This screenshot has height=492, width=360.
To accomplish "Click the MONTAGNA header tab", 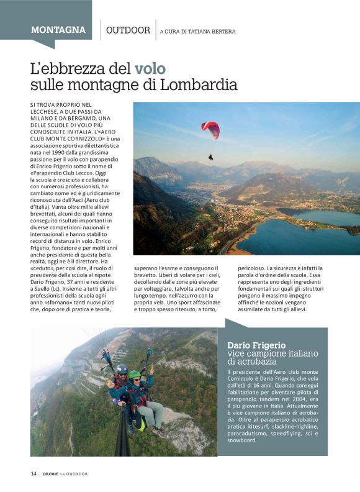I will pos(58,30).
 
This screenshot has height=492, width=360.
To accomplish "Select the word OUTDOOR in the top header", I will pos(128,30).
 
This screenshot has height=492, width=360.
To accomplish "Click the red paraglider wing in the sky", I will pos(210,129).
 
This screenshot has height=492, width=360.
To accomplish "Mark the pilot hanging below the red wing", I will pos(211,157).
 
